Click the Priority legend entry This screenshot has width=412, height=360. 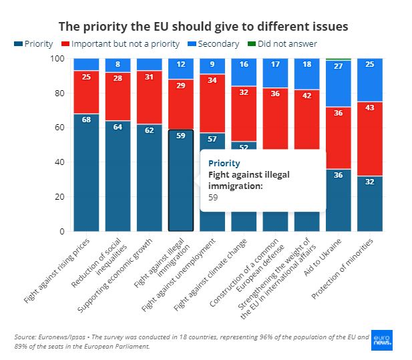pyautogui.click(x=33, y=44)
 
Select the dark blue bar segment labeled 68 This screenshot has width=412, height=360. pyautogui.click(x=86, y=172)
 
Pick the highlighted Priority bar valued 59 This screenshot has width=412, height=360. pyautogui.click(x=180, y=180)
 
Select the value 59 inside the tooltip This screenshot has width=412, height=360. pyautogui.click(x=213, y=198)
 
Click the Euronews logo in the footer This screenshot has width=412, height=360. pyautogui.click(x=381, y=341)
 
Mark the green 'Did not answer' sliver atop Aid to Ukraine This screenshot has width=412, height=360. pyautogui.click(x=338, y=59)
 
